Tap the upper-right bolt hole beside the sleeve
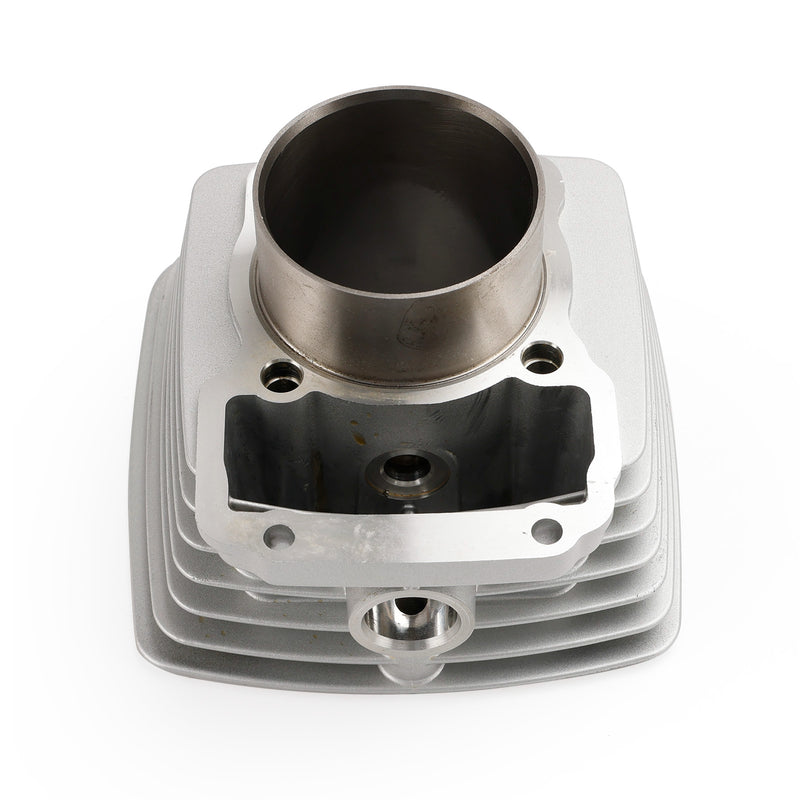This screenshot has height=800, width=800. point(541,359)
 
